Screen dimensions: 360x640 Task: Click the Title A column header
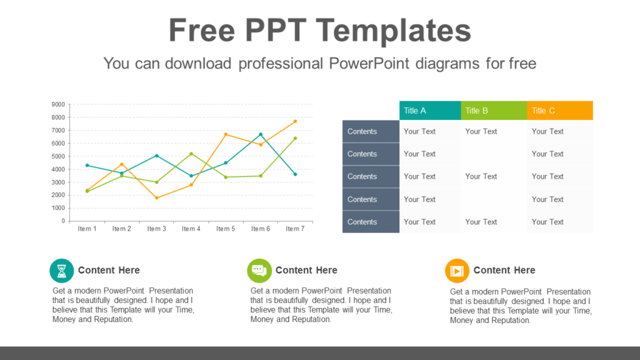tap(430, 111)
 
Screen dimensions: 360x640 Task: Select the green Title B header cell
tap(494, 111)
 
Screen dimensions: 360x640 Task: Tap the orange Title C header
tap(559, 111)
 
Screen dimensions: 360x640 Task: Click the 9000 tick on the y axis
tap(58, 104)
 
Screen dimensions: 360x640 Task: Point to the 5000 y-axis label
tap(58, 156)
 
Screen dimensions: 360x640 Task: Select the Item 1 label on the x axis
tap(87, 229)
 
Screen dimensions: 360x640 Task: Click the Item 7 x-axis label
tap(295, 229)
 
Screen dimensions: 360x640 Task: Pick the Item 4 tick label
tap(191, 229)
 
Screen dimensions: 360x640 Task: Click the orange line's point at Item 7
tap(295, 121)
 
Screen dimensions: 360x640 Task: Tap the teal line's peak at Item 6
tap(261, 134)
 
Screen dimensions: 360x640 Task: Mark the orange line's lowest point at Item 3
tap(156, 198)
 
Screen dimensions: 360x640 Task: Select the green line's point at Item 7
tap(295, 138)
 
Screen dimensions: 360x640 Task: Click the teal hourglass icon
tap(62, 271)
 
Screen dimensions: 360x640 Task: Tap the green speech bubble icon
tap(259, 271)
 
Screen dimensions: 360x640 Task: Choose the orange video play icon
tap(457, 271)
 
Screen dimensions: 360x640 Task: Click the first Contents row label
tap(362, 131)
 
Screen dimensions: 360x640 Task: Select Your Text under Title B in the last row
tap(481, 222)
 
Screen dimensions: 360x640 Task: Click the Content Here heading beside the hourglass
tap(109, 270)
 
